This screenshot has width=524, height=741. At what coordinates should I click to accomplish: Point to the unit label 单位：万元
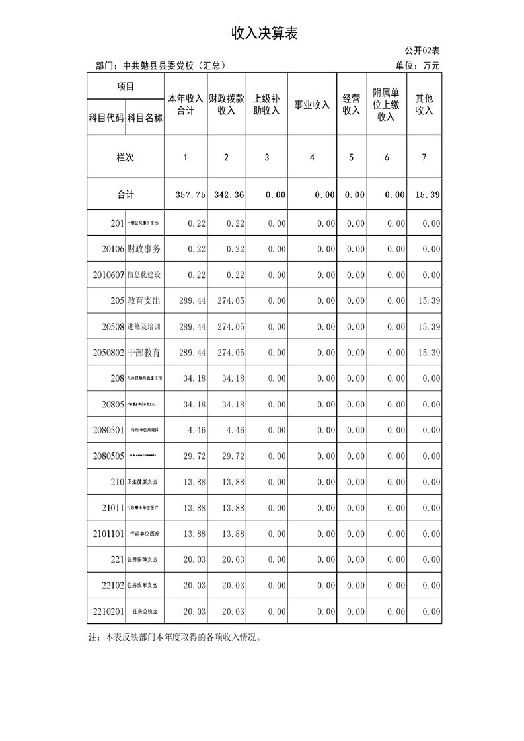coord(418,65)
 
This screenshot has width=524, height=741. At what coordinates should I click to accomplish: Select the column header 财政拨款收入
coord(227,104)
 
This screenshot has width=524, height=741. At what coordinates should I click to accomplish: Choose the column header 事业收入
coord(312,104)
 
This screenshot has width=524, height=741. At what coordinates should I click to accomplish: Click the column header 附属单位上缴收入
coord(387,104)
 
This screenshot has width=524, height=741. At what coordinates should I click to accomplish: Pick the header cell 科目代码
coord(106,118)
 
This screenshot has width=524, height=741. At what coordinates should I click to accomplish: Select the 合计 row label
coord(126,195)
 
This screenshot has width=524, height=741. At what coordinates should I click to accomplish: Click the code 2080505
coord(108,456)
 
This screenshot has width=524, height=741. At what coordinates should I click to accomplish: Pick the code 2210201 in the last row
coord(108,612)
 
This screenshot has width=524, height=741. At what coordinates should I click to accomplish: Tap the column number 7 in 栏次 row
coord(424,157)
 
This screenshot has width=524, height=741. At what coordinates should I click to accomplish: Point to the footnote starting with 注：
coord(175,638)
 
